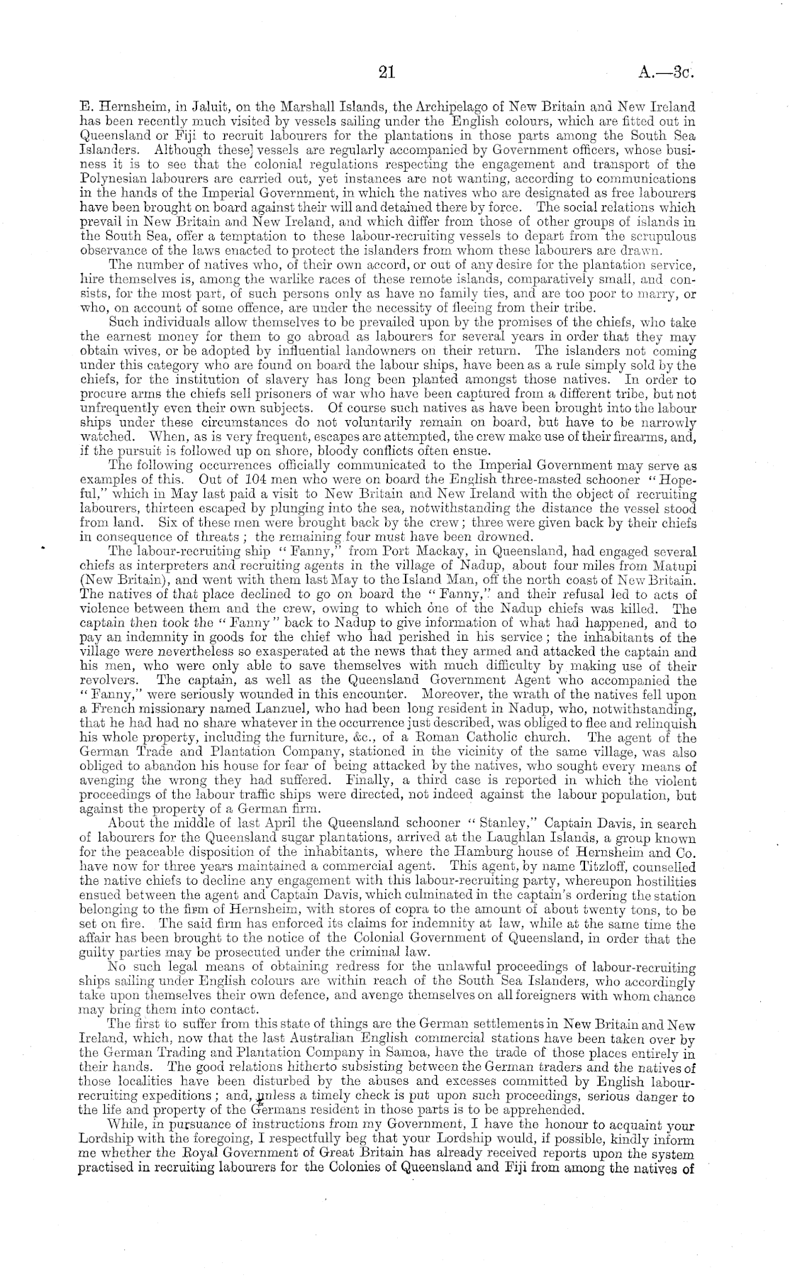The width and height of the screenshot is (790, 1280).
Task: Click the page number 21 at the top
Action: pos(386,72)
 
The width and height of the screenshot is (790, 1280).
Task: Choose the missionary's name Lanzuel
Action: pos(250,709)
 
